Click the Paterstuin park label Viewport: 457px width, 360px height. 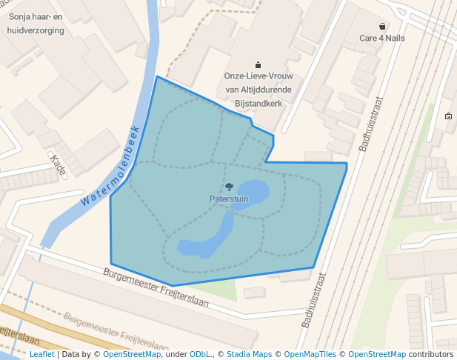(228, 199)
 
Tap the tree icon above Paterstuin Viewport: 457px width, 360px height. (228, 187)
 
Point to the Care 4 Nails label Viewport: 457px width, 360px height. (381, 38)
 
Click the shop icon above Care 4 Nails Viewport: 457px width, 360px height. (382, 26)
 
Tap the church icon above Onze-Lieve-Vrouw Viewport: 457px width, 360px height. (258, 64)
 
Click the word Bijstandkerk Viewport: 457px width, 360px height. (258, 104)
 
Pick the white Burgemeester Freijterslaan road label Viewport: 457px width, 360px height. (156, 289)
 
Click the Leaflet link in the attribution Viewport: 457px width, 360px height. (41, 354)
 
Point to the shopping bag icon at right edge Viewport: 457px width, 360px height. (448, 116)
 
